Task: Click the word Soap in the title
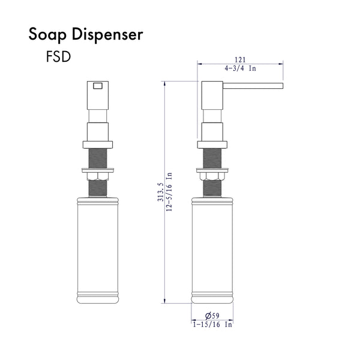[x=47, y=35]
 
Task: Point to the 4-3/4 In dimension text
[x=239, y=70]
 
